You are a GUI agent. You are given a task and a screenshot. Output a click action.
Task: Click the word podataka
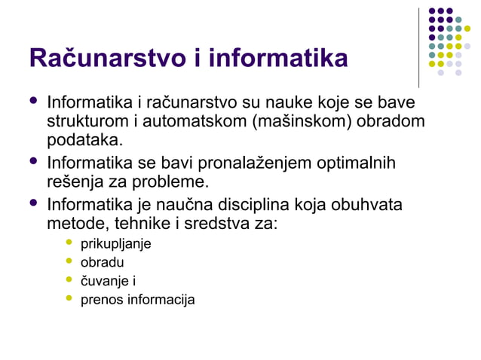tap(83, 142)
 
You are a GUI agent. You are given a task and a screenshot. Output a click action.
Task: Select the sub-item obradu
tap(103, 263)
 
